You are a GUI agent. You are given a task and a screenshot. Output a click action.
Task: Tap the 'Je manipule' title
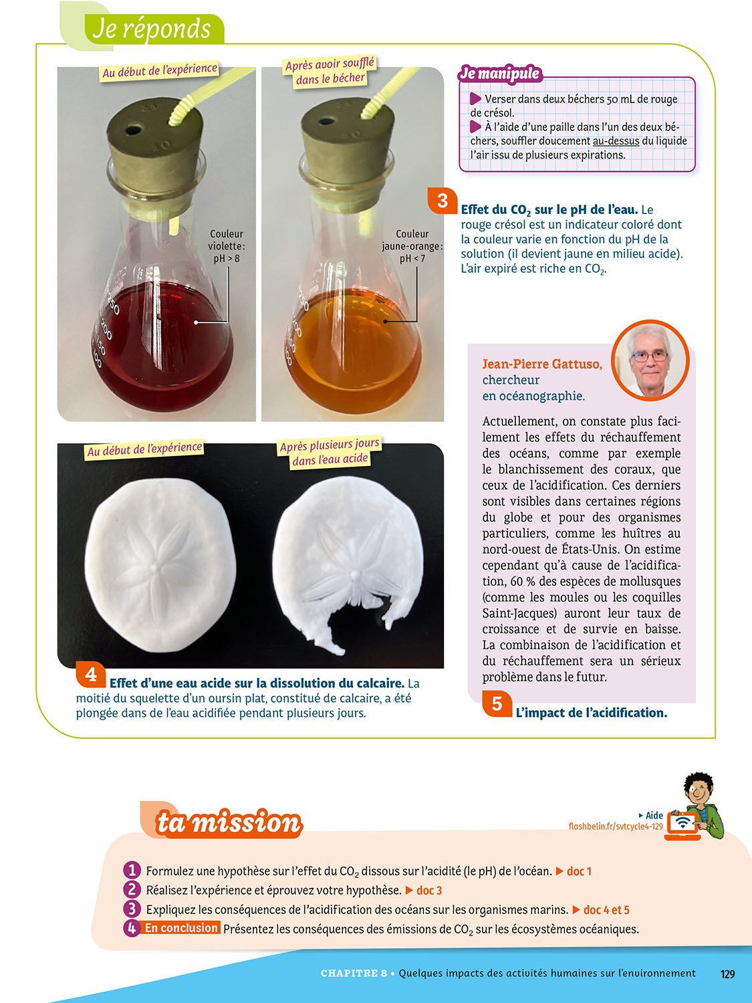point(500,74)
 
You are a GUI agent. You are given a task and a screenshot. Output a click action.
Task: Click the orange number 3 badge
point(442,200)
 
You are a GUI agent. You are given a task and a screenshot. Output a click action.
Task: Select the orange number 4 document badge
point(91,674)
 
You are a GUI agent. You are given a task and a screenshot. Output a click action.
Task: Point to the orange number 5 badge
point(497,703)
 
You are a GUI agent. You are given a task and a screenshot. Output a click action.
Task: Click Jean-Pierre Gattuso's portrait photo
point(650,360)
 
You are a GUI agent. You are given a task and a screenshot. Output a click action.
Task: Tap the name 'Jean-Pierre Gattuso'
point(542,364)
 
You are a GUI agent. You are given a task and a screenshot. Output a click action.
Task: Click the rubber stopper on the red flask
point(155,156)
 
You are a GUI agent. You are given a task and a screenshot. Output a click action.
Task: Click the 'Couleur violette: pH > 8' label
point(227,246)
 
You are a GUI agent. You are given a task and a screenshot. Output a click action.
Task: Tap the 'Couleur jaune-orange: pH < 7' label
point(412,246)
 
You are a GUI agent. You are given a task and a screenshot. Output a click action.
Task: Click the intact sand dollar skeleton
point(160,565)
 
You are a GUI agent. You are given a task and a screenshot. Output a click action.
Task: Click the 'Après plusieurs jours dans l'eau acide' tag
point(330,452)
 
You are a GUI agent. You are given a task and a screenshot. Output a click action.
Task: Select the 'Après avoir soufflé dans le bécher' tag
point(330,72)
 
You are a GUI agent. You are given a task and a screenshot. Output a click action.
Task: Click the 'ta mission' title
point(229,822)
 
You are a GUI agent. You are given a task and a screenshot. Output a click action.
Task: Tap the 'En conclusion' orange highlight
point(180,927)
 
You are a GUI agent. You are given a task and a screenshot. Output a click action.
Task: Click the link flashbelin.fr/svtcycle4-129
point(616,826)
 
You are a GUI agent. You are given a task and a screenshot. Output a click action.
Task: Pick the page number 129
point(727,974)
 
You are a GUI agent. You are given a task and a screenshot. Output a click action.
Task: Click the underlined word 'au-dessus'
point(616,140)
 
